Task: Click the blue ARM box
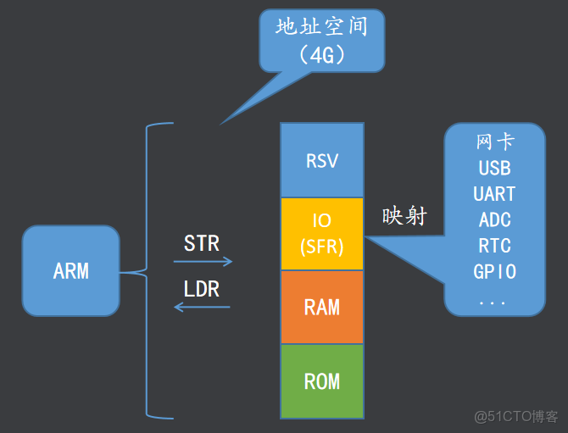[x=70, y=271]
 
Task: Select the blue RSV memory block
[x=321, y=160]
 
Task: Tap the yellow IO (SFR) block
[x=321, y=234]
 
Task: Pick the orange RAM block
[x=321, y=307]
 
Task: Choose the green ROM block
[x=321, y=381]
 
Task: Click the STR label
[x=202, y=244]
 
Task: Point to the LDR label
[x=202, y=289]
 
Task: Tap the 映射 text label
[x=404, y=217]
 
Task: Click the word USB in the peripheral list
[x=494, y=168]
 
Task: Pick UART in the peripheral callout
[x=494, y=194]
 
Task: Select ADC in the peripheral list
[x=494, y=220]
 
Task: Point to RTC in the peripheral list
[x=494, y=247]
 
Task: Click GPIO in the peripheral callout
[x=494, y=272]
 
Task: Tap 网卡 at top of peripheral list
[x=494, y=141]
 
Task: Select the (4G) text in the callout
[x=321, y=55]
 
